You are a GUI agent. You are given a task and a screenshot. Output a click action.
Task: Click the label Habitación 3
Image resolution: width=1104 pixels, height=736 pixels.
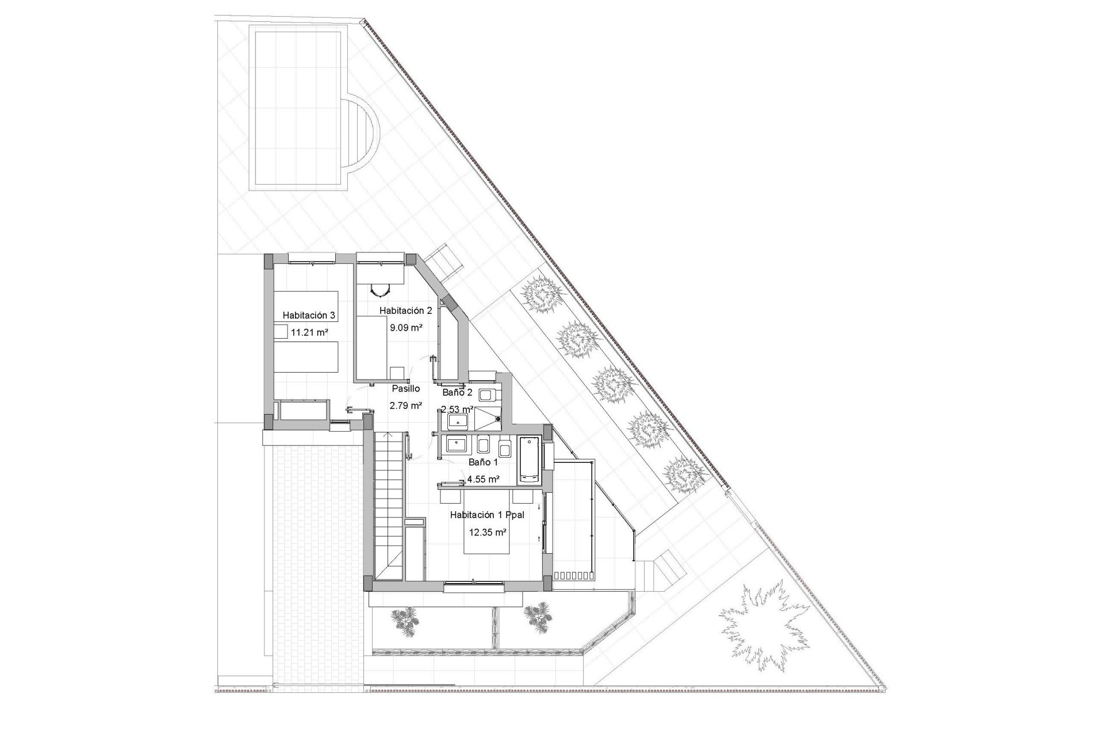309,315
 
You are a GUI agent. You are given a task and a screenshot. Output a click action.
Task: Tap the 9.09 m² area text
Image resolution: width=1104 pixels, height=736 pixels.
406,328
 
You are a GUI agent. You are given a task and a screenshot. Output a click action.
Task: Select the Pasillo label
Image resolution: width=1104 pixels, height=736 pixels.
406,389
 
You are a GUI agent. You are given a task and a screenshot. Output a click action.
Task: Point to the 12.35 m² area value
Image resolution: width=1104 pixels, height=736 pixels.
488,532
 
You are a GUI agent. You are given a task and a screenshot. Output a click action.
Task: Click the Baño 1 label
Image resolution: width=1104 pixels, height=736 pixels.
483,462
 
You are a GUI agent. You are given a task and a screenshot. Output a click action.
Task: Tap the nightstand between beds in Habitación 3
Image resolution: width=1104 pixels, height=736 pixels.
281,332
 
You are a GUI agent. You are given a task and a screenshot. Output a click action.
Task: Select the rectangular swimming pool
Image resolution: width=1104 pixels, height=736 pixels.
296,108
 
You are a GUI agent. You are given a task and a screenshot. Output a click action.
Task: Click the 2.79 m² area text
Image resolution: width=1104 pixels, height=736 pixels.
406,405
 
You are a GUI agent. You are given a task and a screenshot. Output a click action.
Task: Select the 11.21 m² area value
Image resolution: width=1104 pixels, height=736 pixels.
309,332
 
